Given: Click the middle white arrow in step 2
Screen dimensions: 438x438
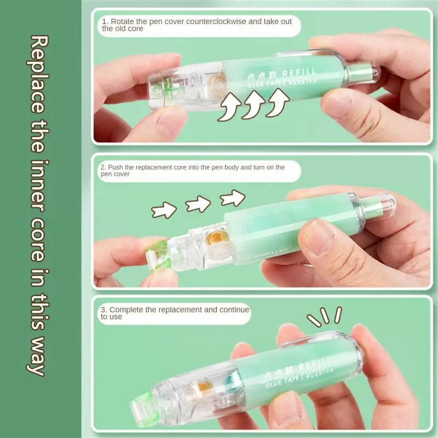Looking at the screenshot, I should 198,204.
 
